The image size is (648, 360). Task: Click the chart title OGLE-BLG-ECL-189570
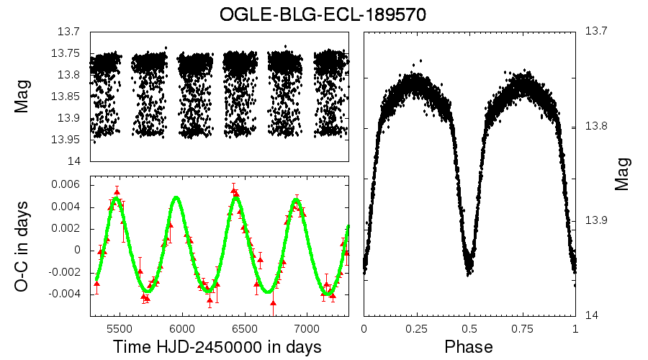pyautogui.click(x=323, y=14)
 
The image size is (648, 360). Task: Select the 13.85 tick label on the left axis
pyautogui.click(x=66, y=96)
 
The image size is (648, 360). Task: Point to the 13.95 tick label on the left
pyautogui.click(x=66, y=140)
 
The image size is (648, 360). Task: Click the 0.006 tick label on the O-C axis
pyautogui.click(x=66, y=185)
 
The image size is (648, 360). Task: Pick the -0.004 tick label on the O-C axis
pyautogui.click(x=64, y=294)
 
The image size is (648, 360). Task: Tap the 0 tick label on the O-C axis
pyautogui.click(x=77, y=251)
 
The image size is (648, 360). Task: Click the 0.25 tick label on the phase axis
pyautogui.click(x=416, y=328)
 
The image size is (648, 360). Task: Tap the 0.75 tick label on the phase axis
pyautogui.click(x=522, y=328)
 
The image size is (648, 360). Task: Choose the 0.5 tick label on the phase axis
pyautogui.click(x=469, y=328)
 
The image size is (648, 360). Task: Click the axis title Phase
pyautogui.click(x=469, y=347)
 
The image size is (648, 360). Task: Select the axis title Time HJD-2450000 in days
pyautogui.click(x=217, y=347)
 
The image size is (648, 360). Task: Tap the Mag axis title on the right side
pyautogui.click(x=623, y=174)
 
